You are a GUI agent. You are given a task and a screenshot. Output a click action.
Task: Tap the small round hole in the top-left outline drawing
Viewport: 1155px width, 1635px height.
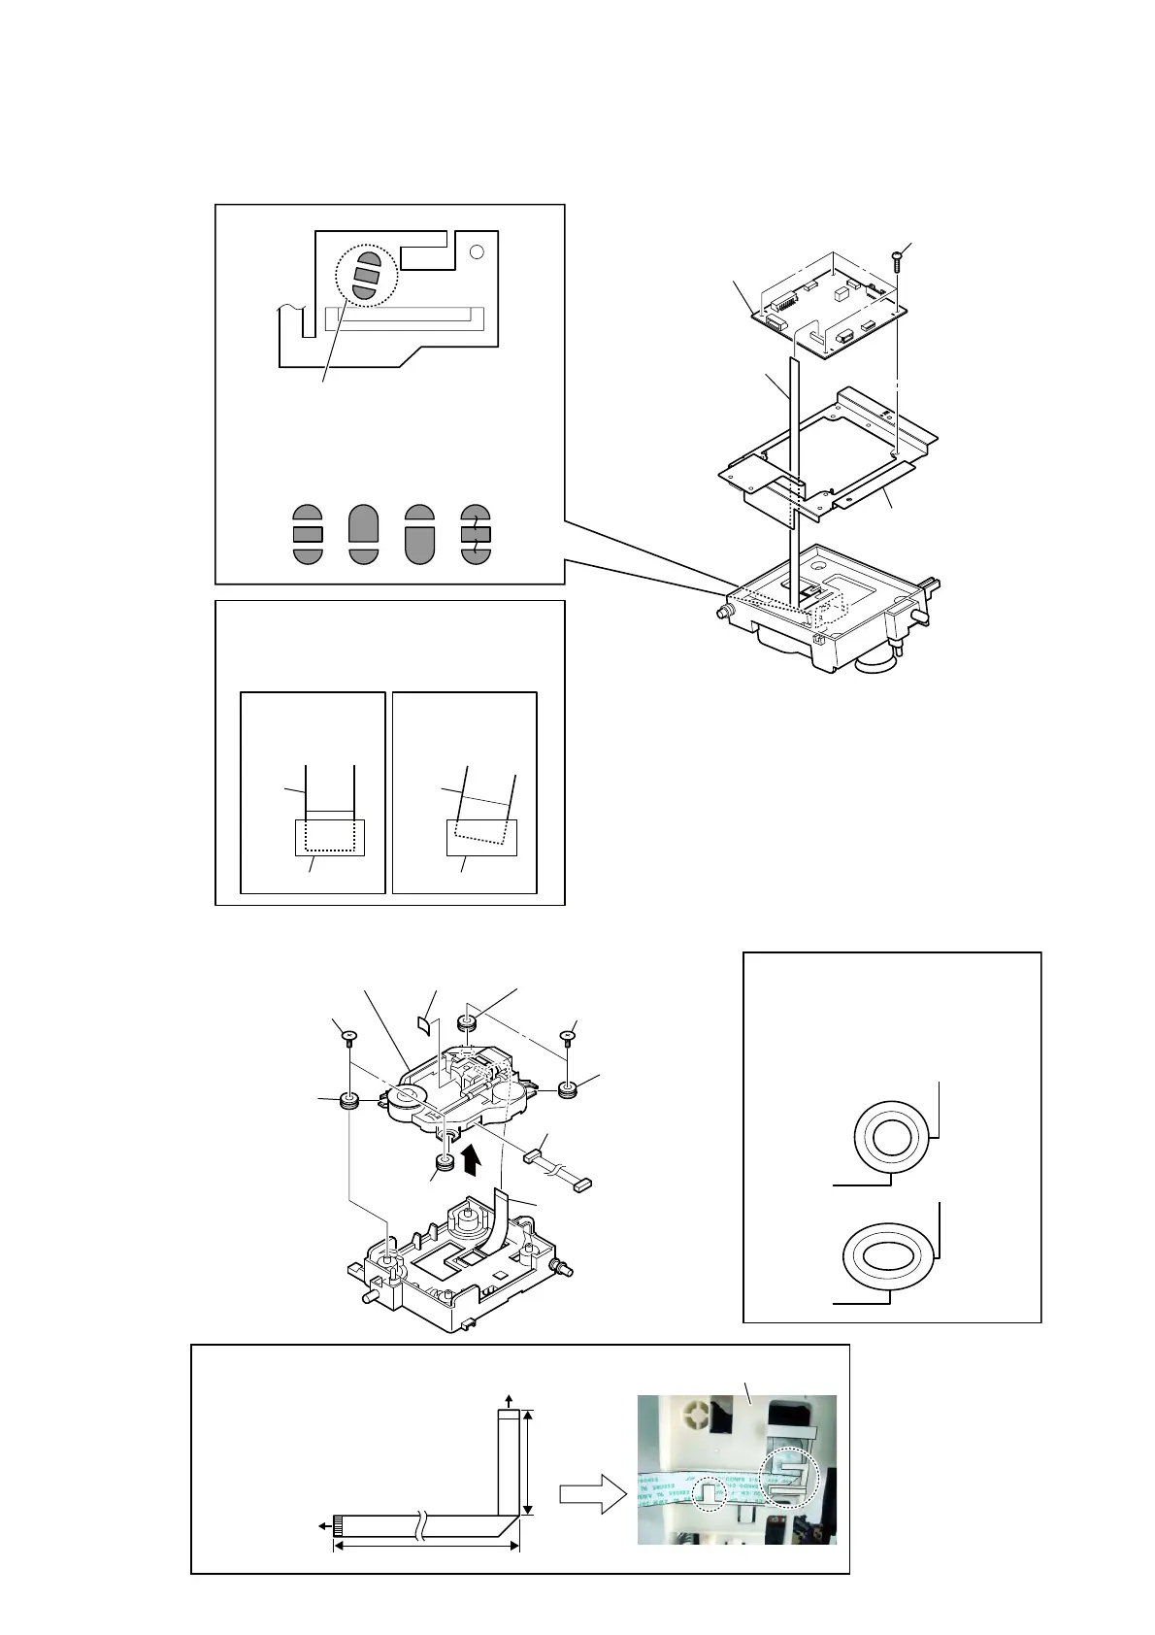point(476,252)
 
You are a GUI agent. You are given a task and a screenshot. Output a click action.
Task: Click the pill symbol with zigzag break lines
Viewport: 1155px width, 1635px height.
point(476,534)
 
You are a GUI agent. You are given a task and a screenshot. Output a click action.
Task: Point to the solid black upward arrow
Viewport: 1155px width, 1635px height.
point(473,1159)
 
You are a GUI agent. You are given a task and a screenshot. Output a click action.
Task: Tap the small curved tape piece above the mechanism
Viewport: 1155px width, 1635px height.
point(424,1021)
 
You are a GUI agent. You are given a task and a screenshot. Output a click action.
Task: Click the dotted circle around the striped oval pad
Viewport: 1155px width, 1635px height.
point(366,274)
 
